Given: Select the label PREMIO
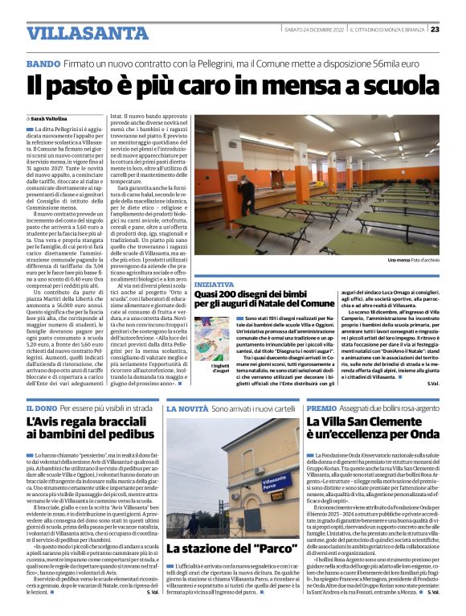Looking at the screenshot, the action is pyautogui.click(x=322, y=409).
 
